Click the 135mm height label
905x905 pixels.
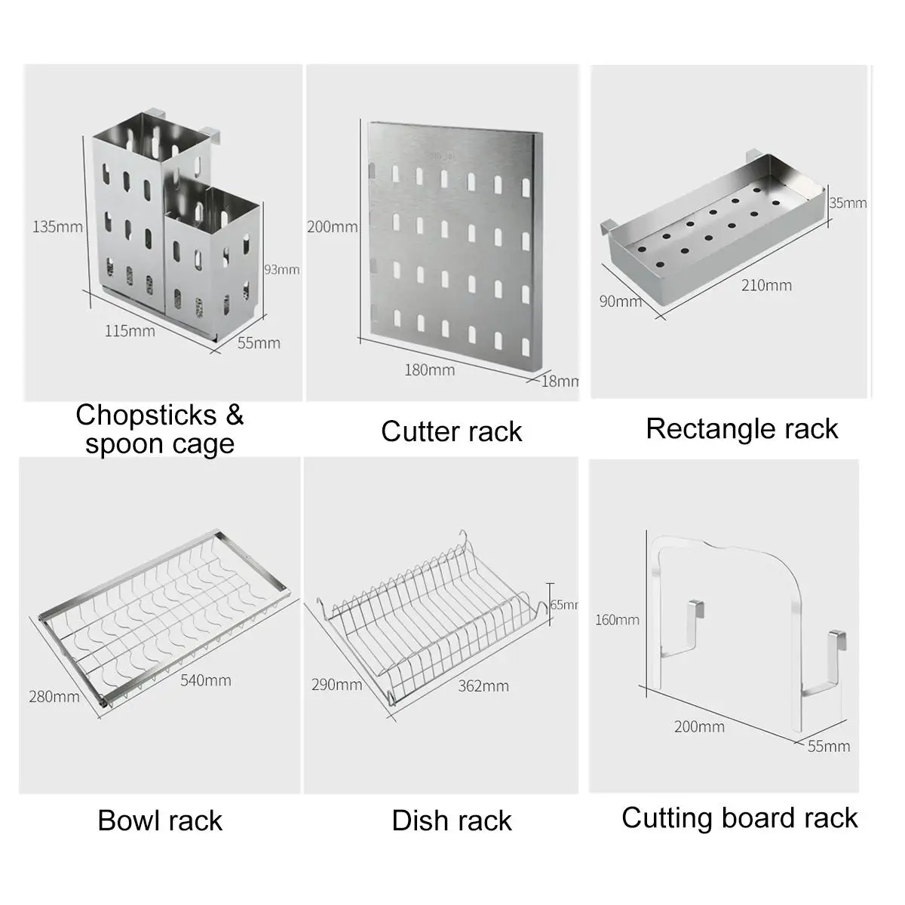coord(57,225)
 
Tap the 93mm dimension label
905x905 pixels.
coord(281,269)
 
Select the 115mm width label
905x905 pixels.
coord(129,330)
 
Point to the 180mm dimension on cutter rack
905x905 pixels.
coord(429,370)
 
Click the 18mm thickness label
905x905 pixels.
coord(560,381)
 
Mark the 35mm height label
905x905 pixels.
coord(848,203)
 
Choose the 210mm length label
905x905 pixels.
coord(765,285)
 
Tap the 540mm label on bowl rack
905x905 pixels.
coord(205,680)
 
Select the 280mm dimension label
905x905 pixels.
coord(54,696)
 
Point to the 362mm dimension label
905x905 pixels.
coord(483,686)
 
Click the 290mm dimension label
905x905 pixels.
coord(336,685)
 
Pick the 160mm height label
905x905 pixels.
coord(616,620)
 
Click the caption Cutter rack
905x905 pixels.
coord(451,431)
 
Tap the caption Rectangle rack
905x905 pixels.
coord(742,428)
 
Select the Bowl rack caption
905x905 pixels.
coord(160,821)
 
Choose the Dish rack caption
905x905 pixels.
coord(452,821)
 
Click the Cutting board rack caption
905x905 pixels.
coord(740,818)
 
